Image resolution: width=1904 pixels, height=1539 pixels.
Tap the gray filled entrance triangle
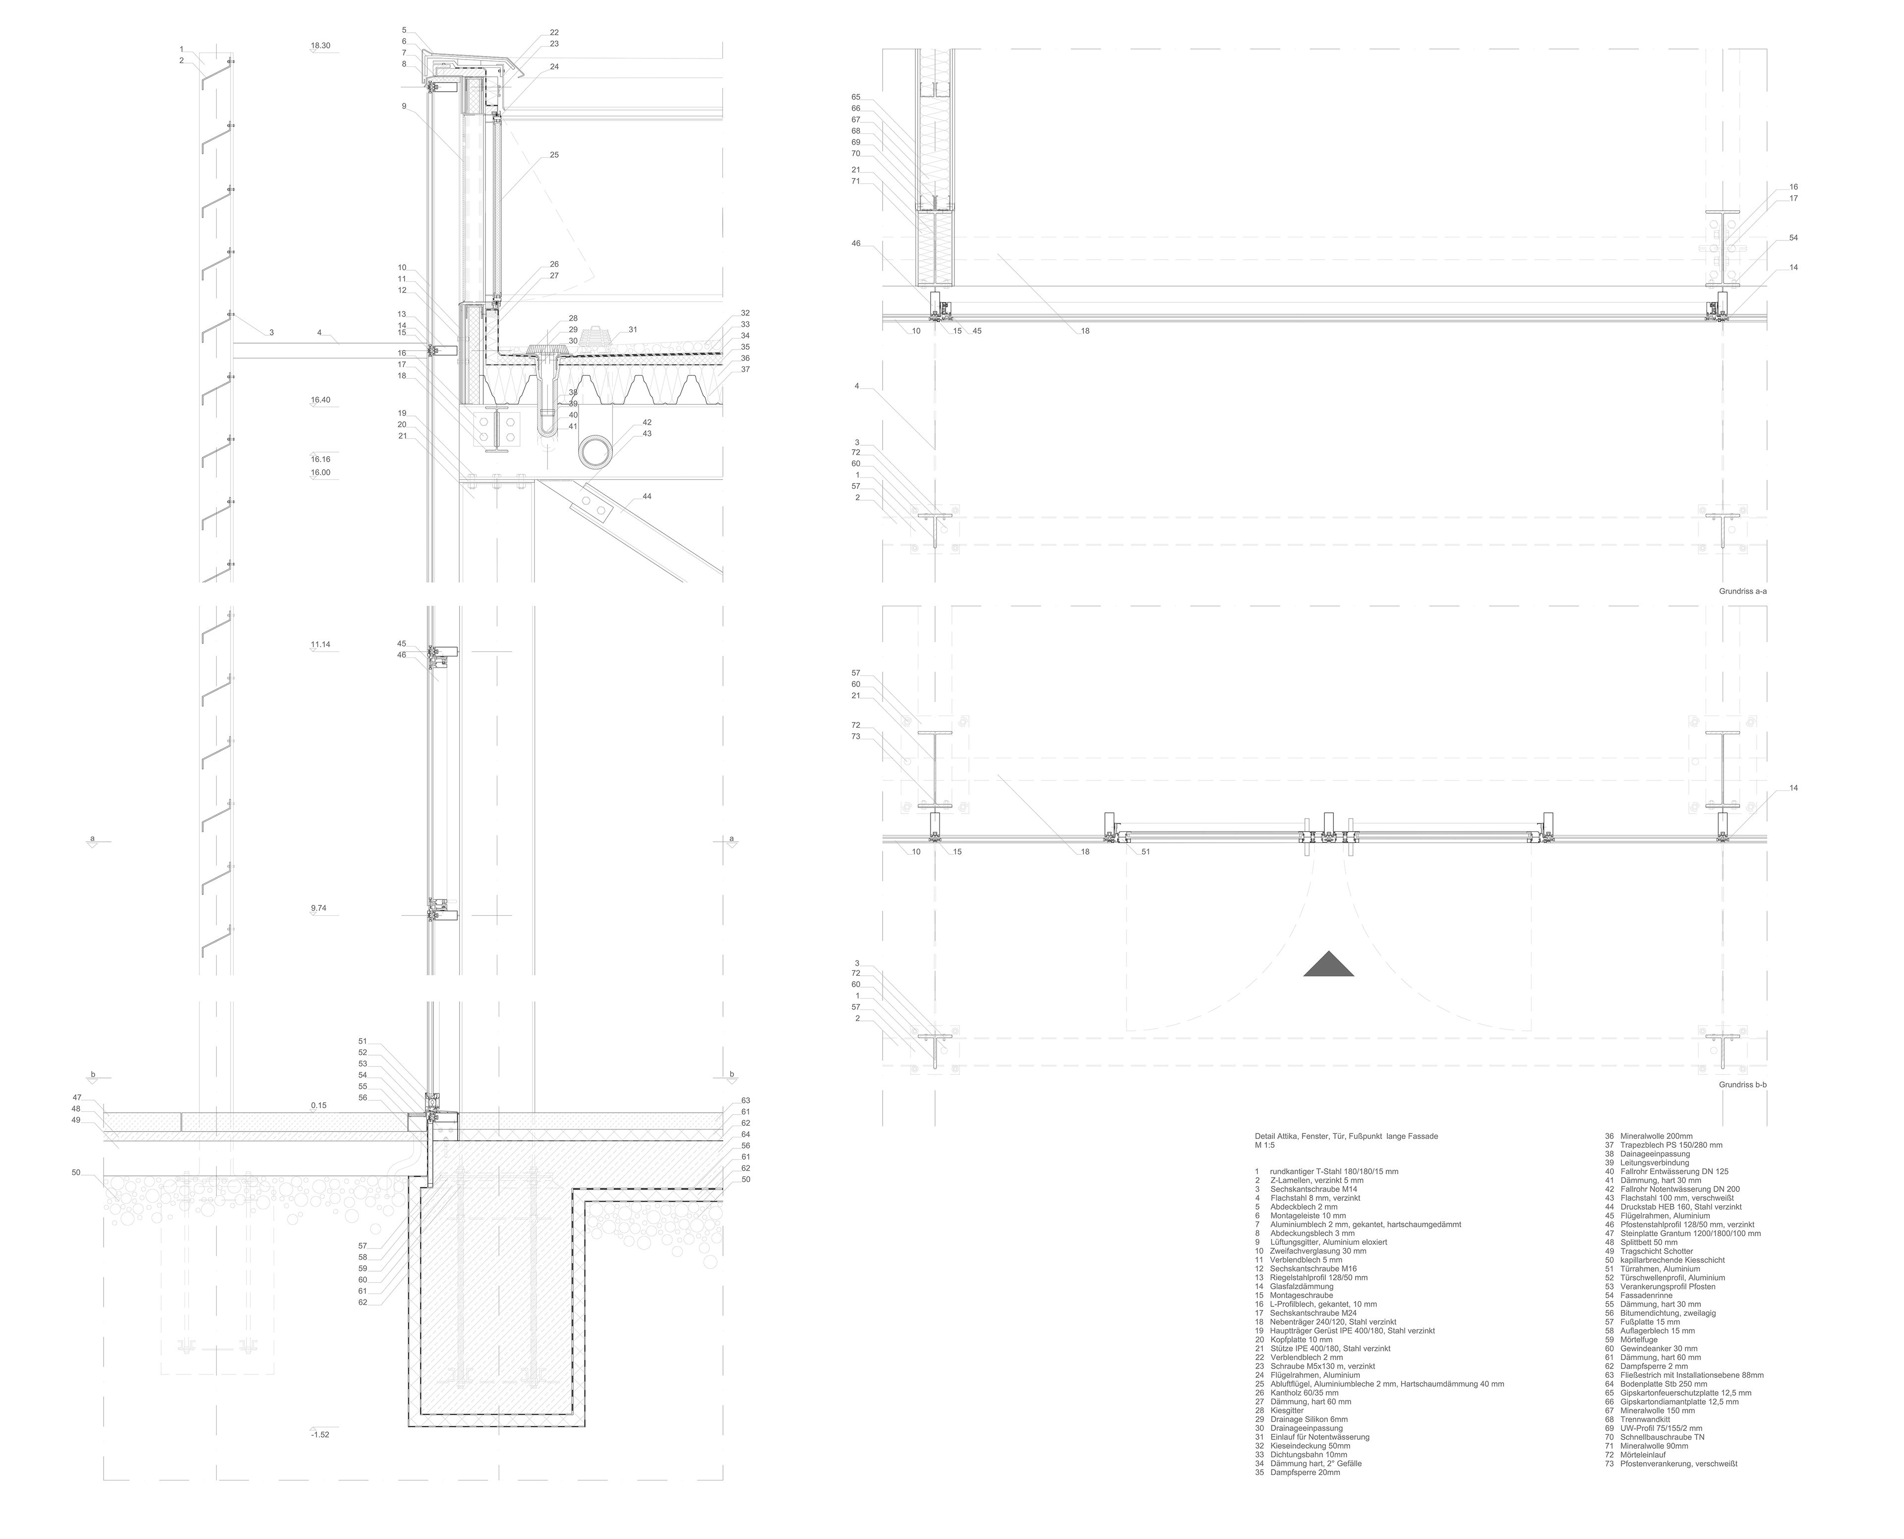(1328, 965)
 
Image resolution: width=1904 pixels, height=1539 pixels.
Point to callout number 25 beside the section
(554, 155)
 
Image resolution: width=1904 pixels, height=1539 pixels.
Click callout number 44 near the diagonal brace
(646, 496)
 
